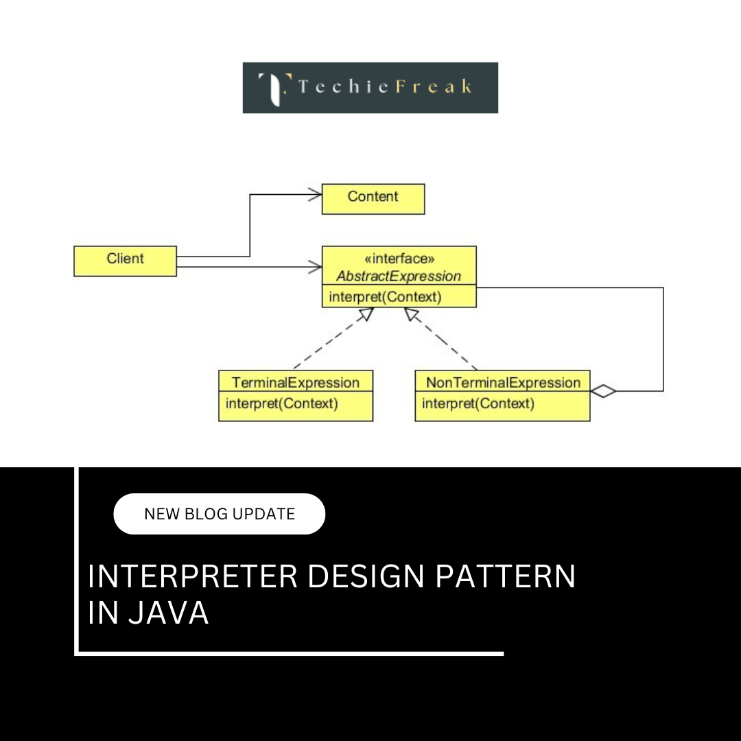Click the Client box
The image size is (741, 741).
[125, 261]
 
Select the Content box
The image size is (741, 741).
[373, 198]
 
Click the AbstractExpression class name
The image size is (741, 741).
[399, 277]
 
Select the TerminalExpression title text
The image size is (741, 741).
[296, 382]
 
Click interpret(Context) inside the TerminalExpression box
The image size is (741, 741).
[282, 403]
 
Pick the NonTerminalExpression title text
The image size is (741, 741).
[503, 382]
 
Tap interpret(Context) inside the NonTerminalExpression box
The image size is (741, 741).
[478, 403]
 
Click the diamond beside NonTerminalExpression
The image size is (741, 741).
[603, 391]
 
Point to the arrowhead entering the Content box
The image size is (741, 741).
[315, 195]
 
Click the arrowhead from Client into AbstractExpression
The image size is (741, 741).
[315, 266]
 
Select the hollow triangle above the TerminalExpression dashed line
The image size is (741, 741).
[366, 314]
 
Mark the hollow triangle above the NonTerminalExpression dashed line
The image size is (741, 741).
[412, 314]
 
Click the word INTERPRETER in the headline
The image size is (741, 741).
[193, 577]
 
